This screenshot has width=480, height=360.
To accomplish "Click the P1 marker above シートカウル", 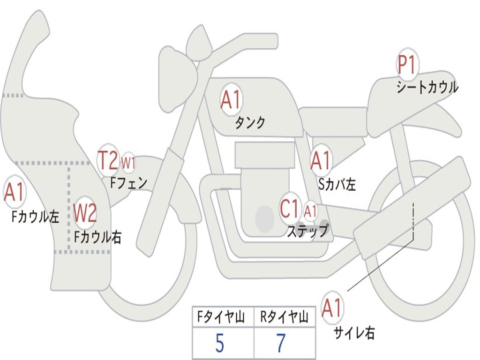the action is pos(407,65).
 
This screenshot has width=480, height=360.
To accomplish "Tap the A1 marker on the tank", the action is pos(231,99).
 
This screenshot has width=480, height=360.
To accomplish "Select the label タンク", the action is pos(250,122).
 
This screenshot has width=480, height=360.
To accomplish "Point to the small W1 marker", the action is pos(128,163).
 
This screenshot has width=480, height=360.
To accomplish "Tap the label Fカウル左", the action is pos(36,216).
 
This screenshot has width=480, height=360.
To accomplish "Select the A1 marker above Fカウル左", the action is pos(14,193).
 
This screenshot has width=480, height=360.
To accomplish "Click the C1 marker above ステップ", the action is pos(289,209).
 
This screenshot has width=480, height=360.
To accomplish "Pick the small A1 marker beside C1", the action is pos(310,211).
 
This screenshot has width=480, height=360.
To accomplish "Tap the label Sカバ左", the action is pos(337,184).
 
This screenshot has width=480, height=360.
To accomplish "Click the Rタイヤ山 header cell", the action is pos(284,317).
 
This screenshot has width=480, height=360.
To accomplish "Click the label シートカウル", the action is pos(427,87).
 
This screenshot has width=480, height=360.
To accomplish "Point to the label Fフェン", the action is pos(128,182).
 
